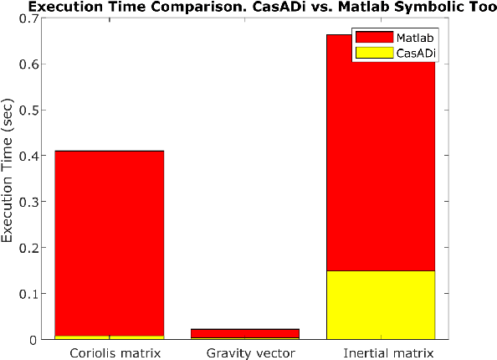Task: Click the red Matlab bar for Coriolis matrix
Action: [x=110, y=243]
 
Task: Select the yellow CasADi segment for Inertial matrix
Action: [x=381, y=305]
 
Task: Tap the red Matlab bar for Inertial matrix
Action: [x=381, y=167]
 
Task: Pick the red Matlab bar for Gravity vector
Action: [x=245, y=333]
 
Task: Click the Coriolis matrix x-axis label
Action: [x=110, y=352]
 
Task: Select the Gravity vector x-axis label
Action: [x=245, y=352]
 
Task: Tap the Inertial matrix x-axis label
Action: [x=381, y=352]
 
